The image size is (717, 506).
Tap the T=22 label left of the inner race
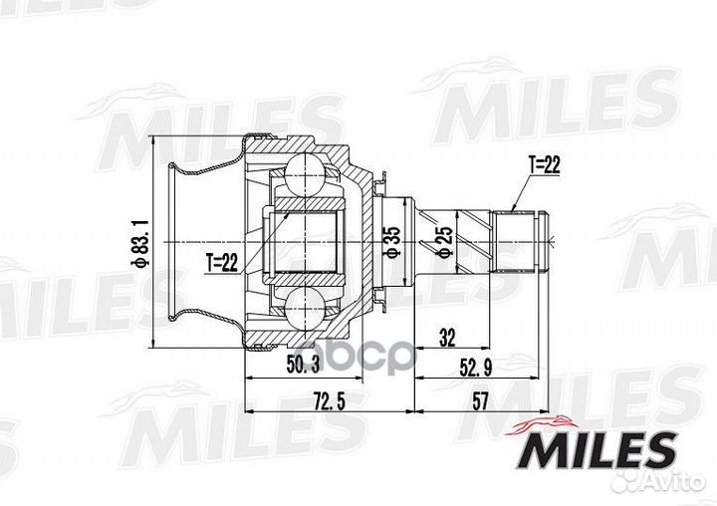coord(222,263)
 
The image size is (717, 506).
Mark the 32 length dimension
coord(447,338)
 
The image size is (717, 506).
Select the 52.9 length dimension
coord(476,368)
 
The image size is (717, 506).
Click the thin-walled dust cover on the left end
coord(189,242)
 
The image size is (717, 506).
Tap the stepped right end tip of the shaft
coord(551,242)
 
